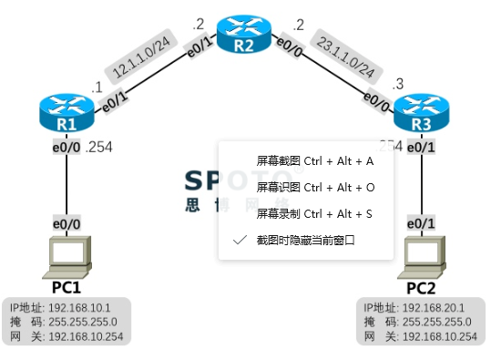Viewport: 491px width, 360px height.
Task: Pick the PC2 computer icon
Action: pyautogui.click(x=425, y=256)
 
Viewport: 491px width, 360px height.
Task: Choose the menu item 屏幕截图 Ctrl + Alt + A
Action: pyautogui.click(x=314, y=161)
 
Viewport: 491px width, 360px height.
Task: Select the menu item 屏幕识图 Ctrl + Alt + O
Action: pyautogui.click(x=314, y=187)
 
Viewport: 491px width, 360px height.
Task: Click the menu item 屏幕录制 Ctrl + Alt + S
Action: pyautogui.click(x=314, y=213)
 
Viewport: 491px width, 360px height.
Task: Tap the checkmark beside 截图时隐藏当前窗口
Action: pyautogui.click(x=240, y=240)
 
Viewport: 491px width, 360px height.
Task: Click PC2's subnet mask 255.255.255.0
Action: pyautogui.click(x=436, y=322)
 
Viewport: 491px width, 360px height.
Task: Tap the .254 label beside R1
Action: pyautogui.click(x=97, y=148)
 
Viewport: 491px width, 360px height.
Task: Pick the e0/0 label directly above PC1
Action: pyautogui.click(x=66, y=223)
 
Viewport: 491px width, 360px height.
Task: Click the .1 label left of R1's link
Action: pyautogui.click(x=97, y=87)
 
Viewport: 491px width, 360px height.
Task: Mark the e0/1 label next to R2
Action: pyautogui.click(x=199, y=46)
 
